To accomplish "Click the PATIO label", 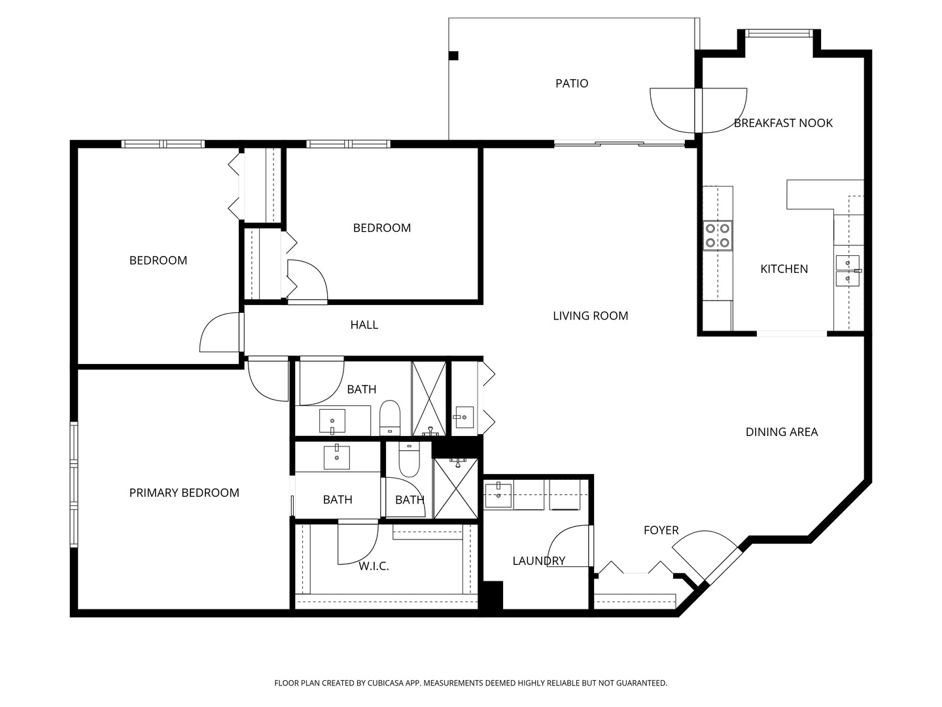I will pos(571,83).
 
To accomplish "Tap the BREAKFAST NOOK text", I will pos(783,123).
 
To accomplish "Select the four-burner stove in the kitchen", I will pos(717,236).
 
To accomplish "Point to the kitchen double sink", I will pos(847,270).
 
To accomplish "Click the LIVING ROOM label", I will pos(590,316).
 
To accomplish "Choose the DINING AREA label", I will pos(781,432).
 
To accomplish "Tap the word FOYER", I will pos(661,530).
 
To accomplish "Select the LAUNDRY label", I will pos(538,561).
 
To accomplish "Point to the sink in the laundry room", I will pos(498,495).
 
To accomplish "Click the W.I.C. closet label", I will pos(374,566).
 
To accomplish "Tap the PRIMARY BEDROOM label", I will pos(184,493).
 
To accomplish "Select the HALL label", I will pos(364,325).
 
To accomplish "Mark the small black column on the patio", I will pos(453,56).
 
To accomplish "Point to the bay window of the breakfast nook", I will pos(778,33).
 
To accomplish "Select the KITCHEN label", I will pos(784,269).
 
